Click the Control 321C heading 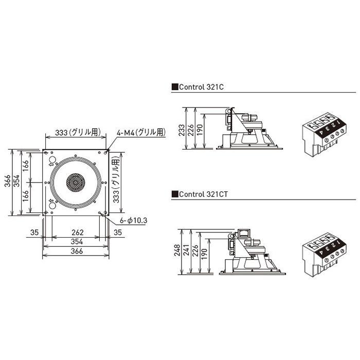click(x=197, y=87)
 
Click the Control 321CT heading click(x=200, y=194)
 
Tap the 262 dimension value click(x=77, y=232)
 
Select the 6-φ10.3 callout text click(x=133, y=221)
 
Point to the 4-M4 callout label click(x=141, y=133)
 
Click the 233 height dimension click(x=182, y=130)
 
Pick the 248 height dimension click(x=177, y=250)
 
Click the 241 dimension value click(x=186, y=250)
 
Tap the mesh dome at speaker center click(x=76, y=182)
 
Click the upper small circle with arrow click(x=52, y=160)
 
